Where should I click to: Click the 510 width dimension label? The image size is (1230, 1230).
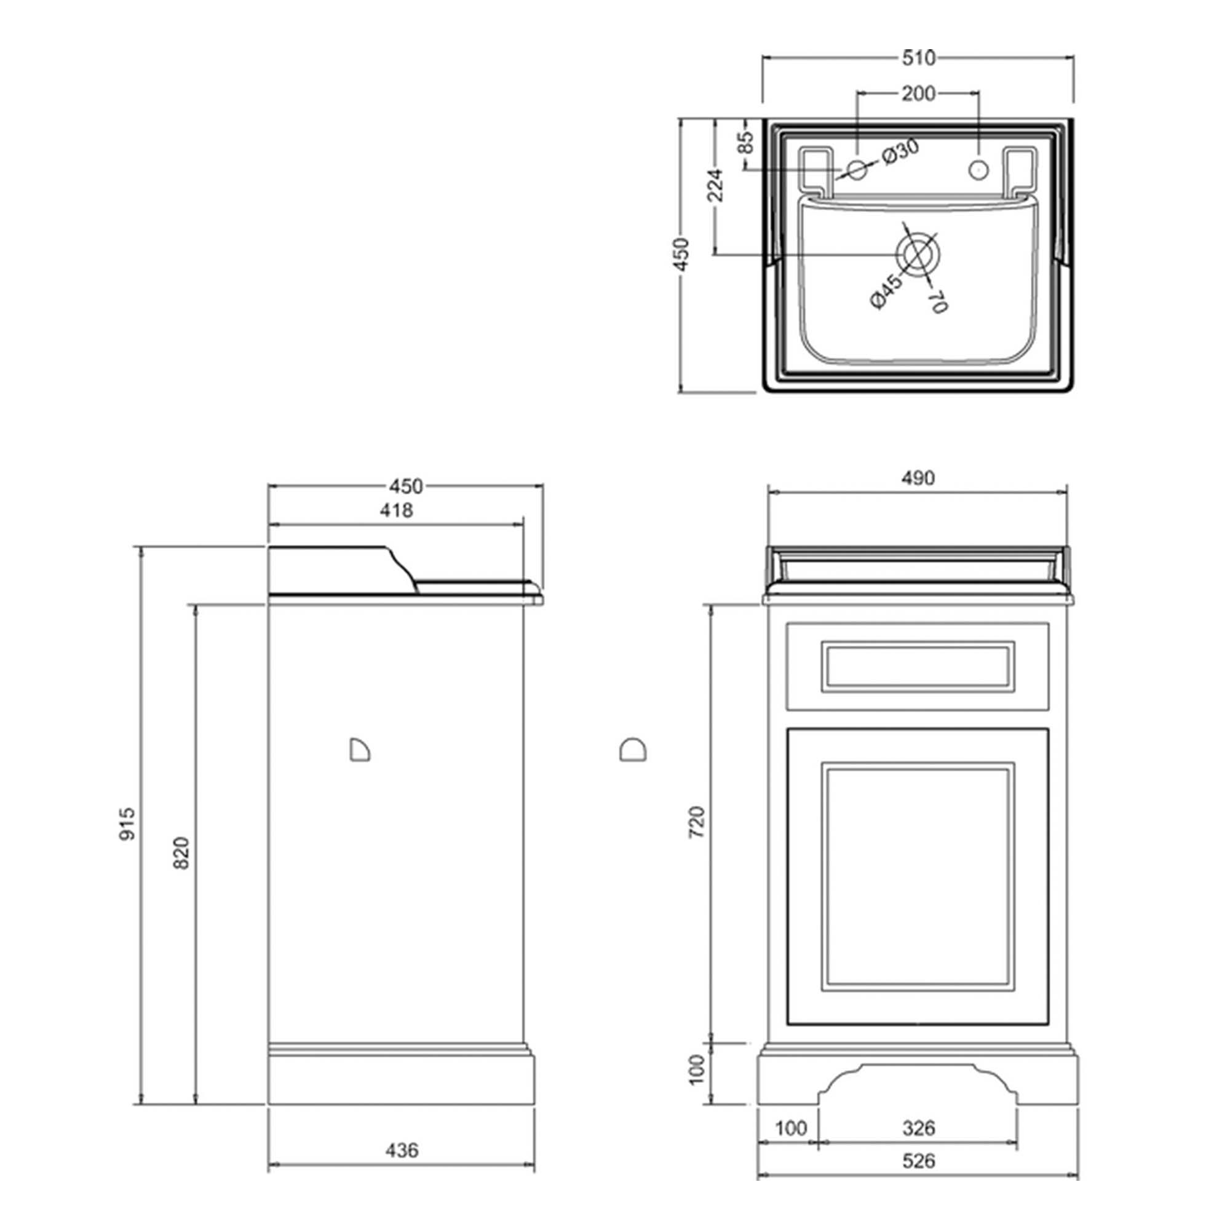919,58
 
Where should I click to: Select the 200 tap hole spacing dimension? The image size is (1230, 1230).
918,93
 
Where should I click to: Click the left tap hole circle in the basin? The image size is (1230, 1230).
857,170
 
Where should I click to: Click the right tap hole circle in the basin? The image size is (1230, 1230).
978,170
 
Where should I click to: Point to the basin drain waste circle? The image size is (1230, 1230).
918,255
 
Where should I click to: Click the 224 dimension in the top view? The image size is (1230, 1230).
716,184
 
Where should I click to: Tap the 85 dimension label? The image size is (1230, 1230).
747,143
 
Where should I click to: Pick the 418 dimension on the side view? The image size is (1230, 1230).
396,510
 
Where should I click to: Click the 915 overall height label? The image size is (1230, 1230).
127,825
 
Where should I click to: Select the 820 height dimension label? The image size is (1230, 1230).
181,852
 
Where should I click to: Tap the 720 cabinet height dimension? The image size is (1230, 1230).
698,821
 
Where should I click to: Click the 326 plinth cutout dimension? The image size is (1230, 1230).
919,1128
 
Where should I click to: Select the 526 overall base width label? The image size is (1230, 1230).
919,1161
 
